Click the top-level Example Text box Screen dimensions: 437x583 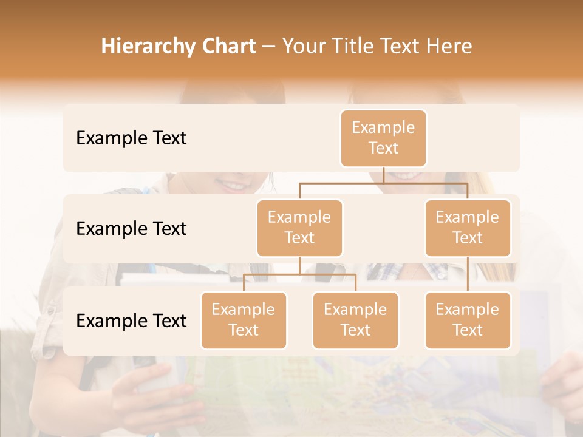click(383, 138)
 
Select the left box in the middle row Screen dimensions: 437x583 click(299, 228)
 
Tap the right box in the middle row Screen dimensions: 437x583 click(468, 228)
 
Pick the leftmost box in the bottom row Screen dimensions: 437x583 click(244, 320)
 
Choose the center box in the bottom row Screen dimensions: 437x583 click(355, 320)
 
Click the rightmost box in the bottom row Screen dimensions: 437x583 click(468, 320)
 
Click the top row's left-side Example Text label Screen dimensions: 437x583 click(131, 138)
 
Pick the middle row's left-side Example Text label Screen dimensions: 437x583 click(131, 229)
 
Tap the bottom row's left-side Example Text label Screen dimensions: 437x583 click(131, 321)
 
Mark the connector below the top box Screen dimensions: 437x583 click(383, 175)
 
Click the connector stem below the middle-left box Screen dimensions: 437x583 click(299, 266)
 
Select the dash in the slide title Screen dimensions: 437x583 click(268, 47)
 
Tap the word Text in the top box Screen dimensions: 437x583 click(383, 148)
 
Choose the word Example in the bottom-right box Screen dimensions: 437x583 click(468, 310)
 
